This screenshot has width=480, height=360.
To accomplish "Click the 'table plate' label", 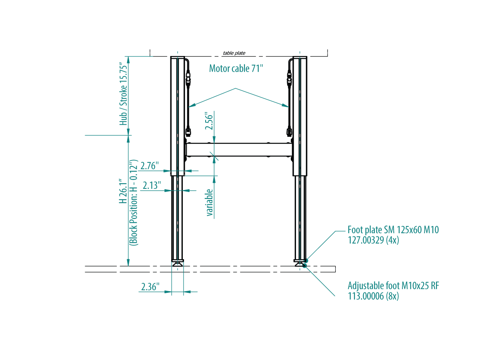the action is tap(234, 53).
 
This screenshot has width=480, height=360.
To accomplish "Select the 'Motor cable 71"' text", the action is tap(236, 68).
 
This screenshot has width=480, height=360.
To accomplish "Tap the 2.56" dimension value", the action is tap(209, 121).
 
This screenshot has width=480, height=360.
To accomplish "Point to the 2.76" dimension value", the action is tap(150, 166).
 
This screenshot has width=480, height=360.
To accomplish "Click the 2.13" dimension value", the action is tap(152, 185).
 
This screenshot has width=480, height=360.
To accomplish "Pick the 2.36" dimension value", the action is tap(150, 287).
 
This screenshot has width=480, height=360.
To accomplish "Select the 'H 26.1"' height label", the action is tap(123, 191).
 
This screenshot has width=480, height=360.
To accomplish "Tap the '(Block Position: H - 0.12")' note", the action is tap(134, 203).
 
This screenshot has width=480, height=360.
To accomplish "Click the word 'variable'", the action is tap(210, 202).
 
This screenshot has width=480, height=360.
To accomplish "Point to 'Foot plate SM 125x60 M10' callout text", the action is tap(393, 230).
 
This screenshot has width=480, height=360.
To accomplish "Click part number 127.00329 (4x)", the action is tap(373, 240).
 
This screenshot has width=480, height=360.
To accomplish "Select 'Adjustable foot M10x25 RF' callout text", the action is tap(393, 286).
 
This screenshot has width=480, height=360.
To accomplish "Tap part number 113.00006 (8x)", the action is tap(373, 296).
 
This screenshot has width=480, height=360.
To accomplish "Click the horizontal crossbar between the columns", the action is tap(239, 150).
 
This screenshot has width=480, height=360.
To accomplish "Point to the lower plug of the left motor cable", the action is tap(188, 132).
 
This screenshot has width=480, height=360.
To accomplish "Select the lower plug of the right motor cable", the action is tap(289, 132).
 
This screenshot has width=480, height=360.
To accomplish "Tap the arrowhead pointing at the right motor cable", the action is tap(285, 106).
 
